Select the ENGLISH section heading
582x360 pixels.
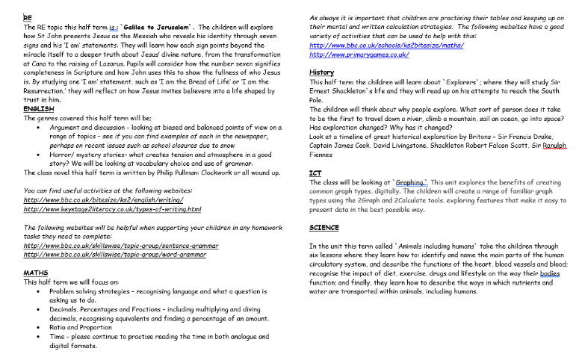[38, 109]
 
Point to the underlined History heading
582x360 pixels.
[321, 72]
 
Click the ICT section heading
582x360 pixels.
[315, 173]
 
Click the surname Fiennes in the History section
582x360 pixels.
[323, 155]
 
